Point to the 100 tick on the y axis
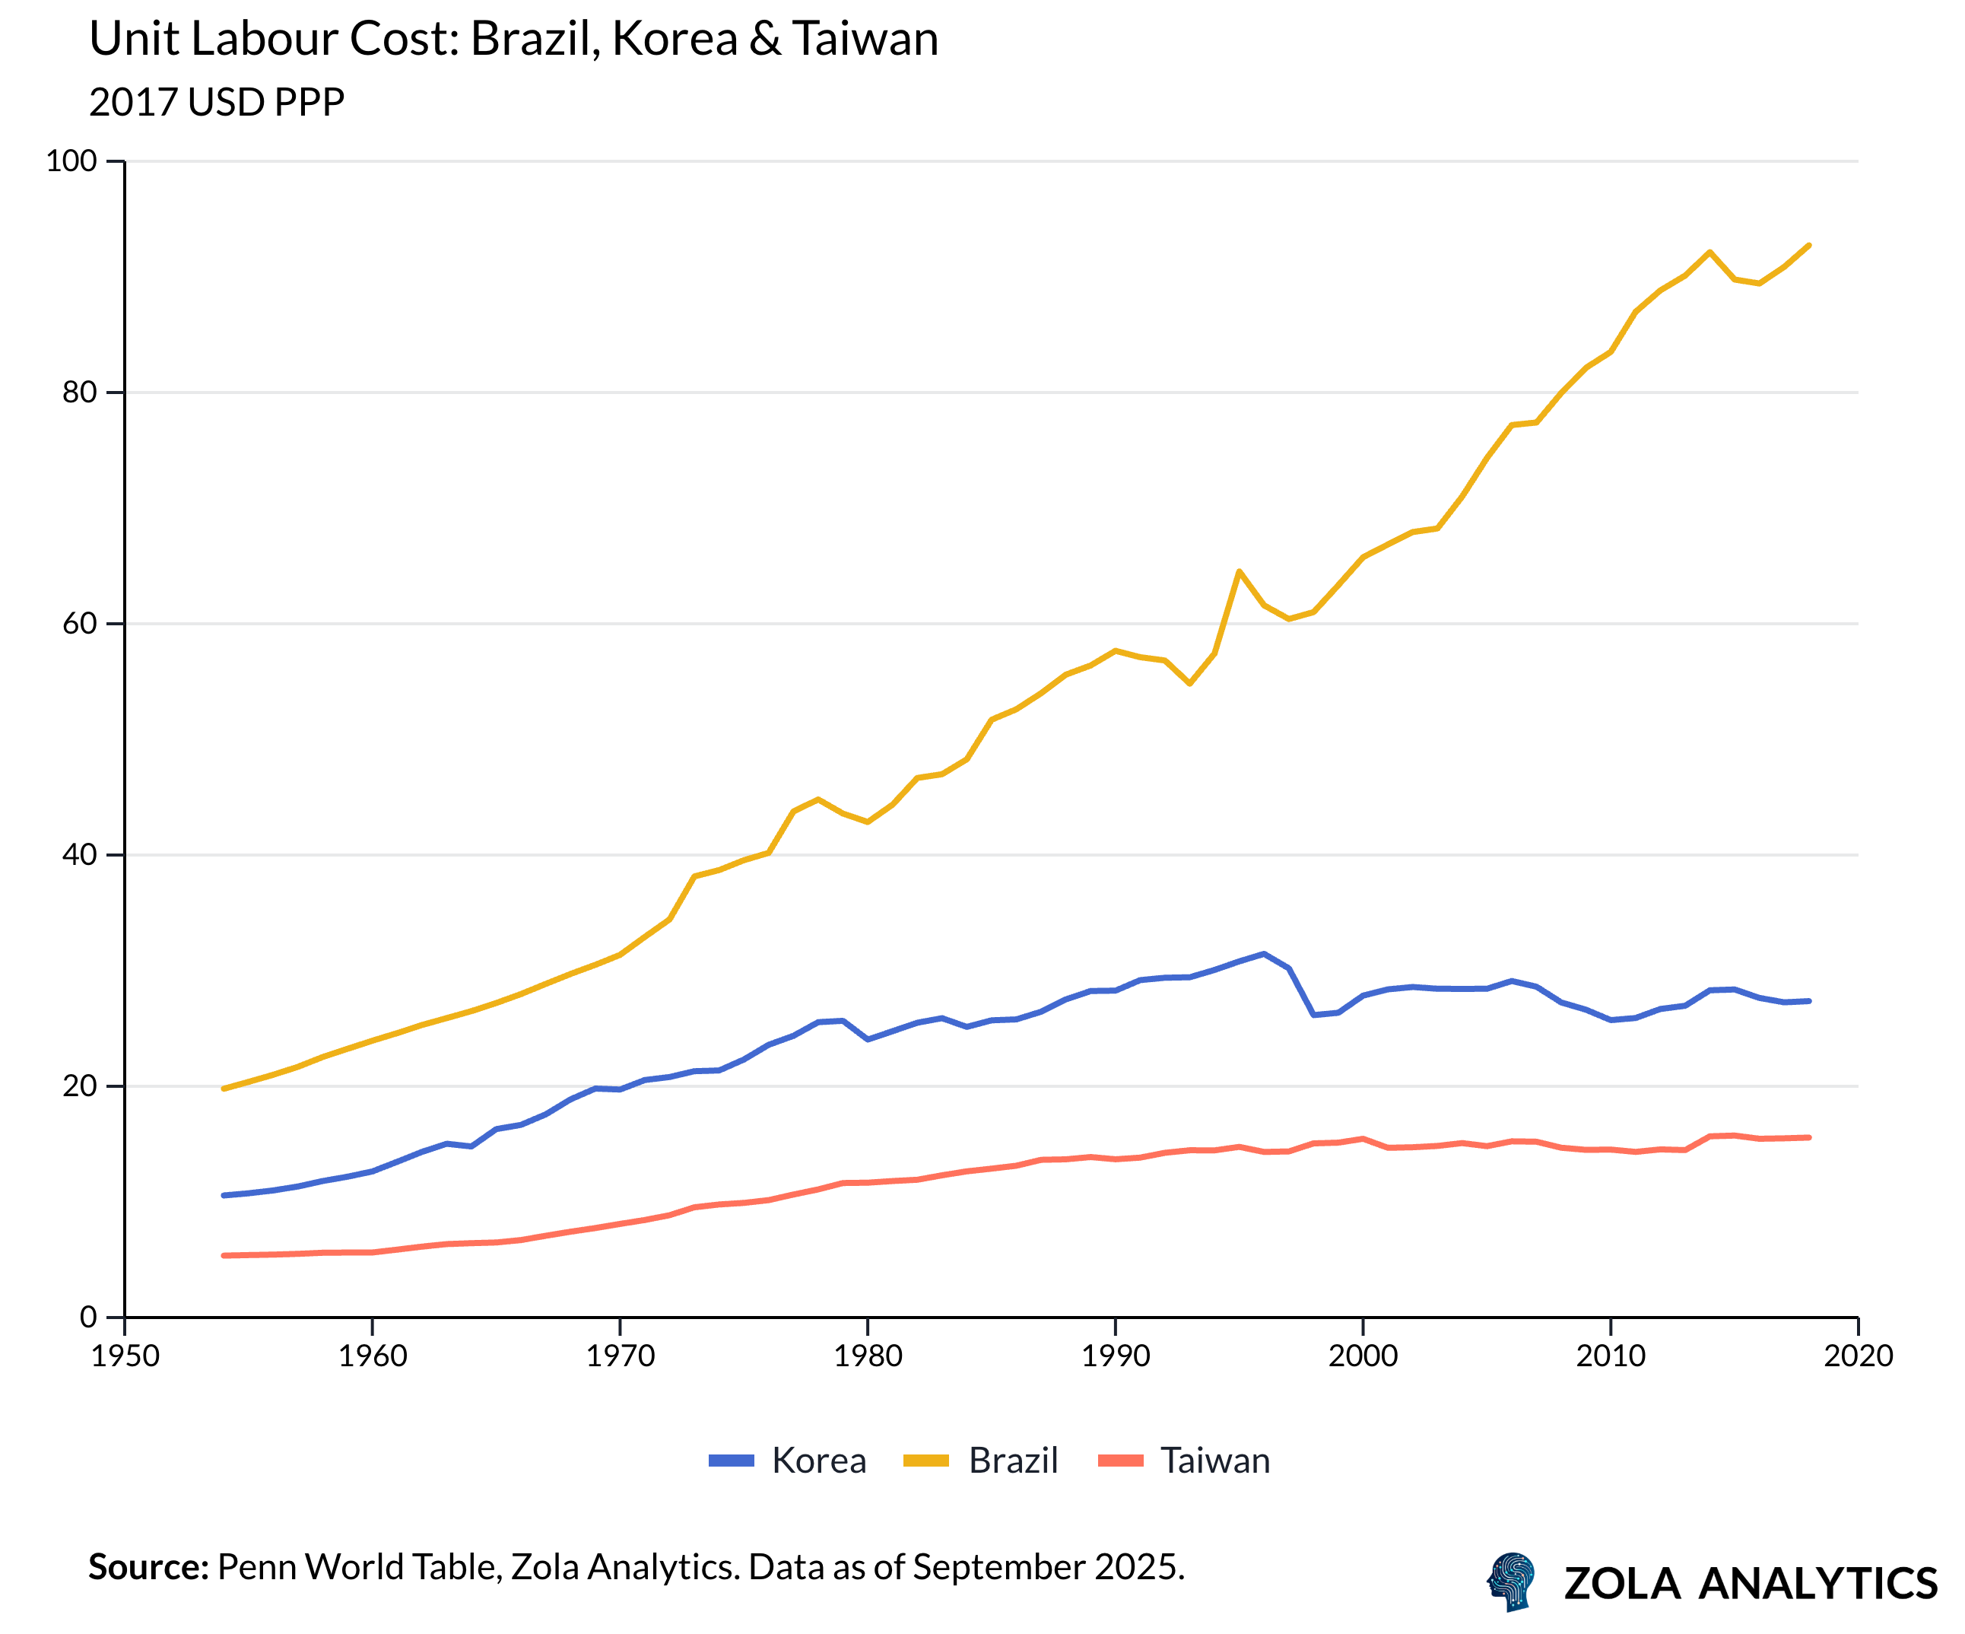tap(71, 161)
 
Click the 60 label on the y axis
tap(80, 623)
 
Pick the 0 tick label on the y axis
tap(88, 1318)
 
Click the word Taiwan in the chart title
tap(865, 40)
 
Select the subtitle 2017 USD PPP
tap(216, 102)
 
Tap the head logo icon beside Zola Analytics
tap(1511, 1582)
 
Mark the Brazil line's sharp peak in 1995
tap(1239, 571)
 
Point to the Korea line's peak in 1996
tap(1264, 954)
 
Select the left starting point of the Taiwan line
tap(224, 1256)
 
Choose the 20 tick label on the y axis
tap(80, 1086)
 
